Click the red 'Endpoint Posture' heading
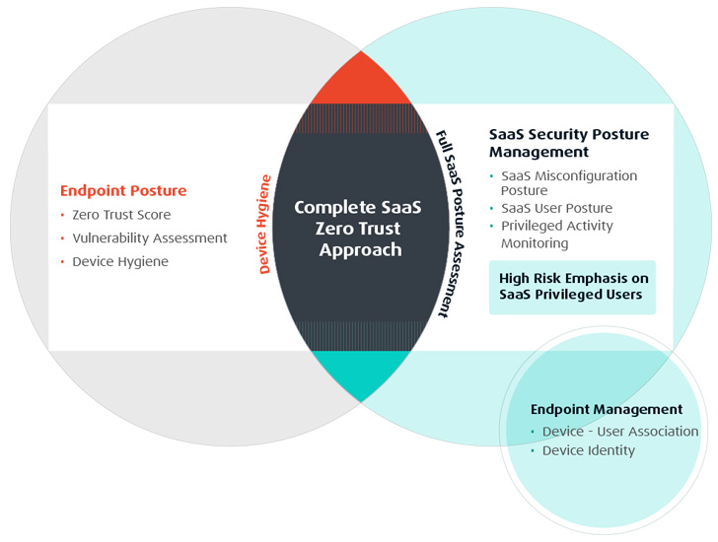click(123, 191)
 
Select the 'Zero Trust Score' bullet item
click(121, 215)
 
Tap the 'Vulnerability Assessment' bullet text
click(150, 238)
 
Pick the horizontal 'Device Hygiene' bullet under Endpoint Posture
click(120, 261)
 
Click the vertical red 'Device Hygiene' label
click(264, 225)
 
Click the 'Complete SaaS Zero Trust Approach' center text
click(358, 229)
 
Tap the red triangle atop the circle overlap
click(361, 80)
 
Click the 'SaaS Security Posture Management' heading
click(569, 143)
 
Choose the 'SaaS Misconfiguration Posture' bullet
click(569, 183)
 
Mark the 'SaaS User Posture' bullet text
click(557, 208)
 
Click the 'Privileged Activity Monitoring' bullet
click(557, 235)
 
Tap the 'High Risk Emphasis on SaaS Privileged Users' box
click(572, 287)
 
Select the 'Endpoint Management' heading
click(607, 409)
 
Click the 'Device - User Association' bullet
click(620, 432)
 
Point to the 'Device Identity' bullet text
click(589, 450)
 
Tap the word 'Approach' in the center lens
click(360, 250)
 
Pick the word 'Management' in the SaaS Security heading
click(538, 152)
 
